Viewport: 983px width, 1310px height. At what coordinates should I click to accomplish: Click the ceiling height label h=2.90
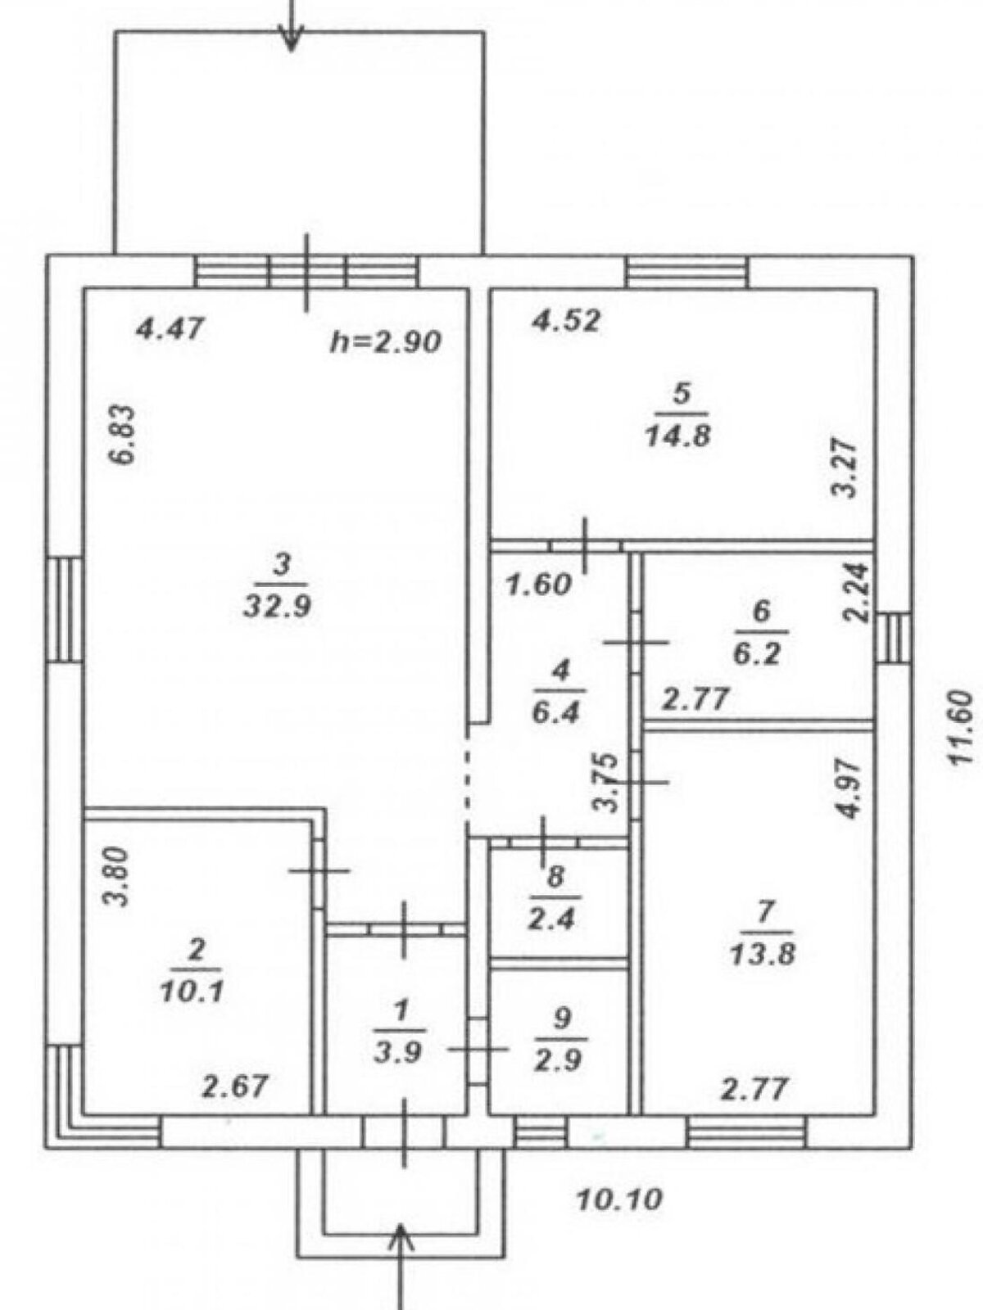click(386, 342)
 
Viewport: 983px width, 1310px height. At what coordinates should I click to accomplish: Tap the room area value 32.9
click(279, 608)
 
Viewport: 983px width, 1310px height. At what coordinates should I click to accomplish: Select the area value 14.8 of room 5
click(677, 436)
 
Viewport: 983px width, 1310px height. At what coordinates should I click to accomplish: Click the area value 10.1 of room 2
click(191, 992)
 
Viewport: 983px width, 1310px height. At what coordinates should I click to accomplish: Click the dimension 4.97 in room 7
click(854, 789)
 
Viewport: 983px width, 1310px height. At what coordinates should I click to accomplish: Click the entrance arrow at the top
click(292, 26)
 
